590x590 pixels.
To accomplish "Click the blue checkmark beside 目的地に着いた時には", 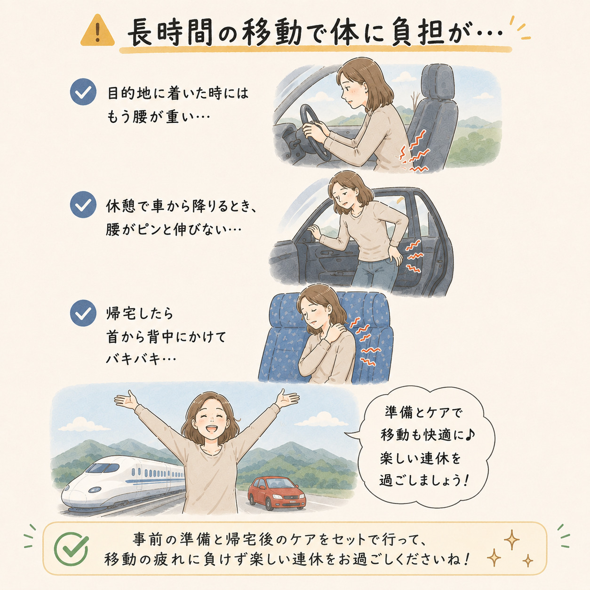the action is (83, 92).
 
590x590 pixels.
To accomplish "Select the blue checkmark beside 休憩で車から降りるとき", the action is (83, 205).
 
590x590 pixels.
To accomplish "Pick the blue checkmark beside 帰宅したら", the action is (83, 313).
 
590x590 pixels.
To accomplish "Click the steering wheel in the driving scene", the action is (315, 132).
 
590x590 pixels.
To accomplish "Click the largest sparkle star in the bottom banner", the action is (512, 540).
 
